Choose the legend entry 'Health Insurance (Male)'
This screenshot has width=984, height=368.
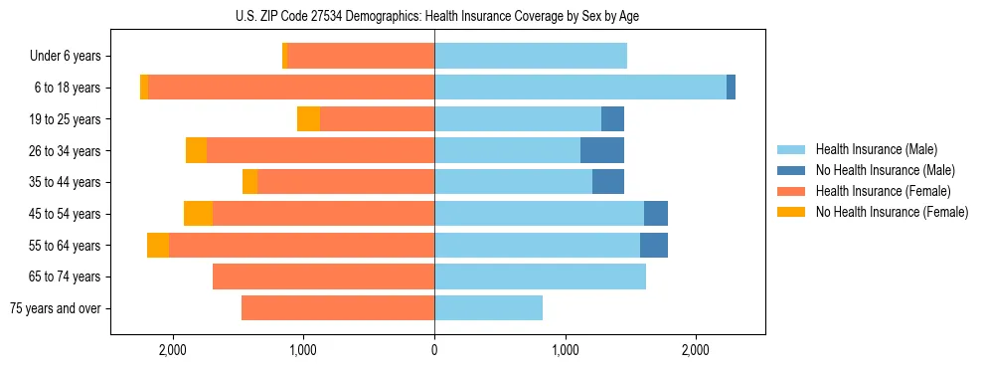[x=876, y=149]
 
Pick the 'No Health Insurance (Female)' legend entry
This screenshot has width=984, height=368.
[x=892, y=212]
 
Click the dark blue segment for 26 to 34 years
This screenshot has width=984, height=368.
[x=602, y=150]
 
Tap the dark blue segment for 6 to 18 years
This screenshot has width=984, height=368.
[x=731, y=88]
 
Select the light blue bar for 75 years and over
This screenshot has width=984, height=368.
[x=488, y=308]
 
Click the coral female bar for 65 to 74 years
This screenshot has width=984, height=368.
[x=323, y=276]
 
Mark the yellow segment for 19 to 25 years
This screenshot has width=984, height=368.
[x=308, y=119]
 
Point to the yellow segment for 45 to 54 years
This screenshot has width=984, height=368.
[x=198, y=214]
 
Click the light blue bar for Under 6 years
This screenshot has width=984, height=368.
[x=531, y=56]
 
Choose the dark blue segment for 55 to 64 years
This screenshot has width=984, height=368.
[x=654, y=245]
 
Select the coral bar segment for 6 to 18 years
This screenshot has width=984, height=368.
[x=291, y=88]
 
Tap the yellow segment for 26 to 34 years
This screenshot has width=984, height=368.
[x=196, y=150]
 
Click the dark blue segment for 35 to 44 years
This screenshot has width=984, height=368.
[x=608, y=182]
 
